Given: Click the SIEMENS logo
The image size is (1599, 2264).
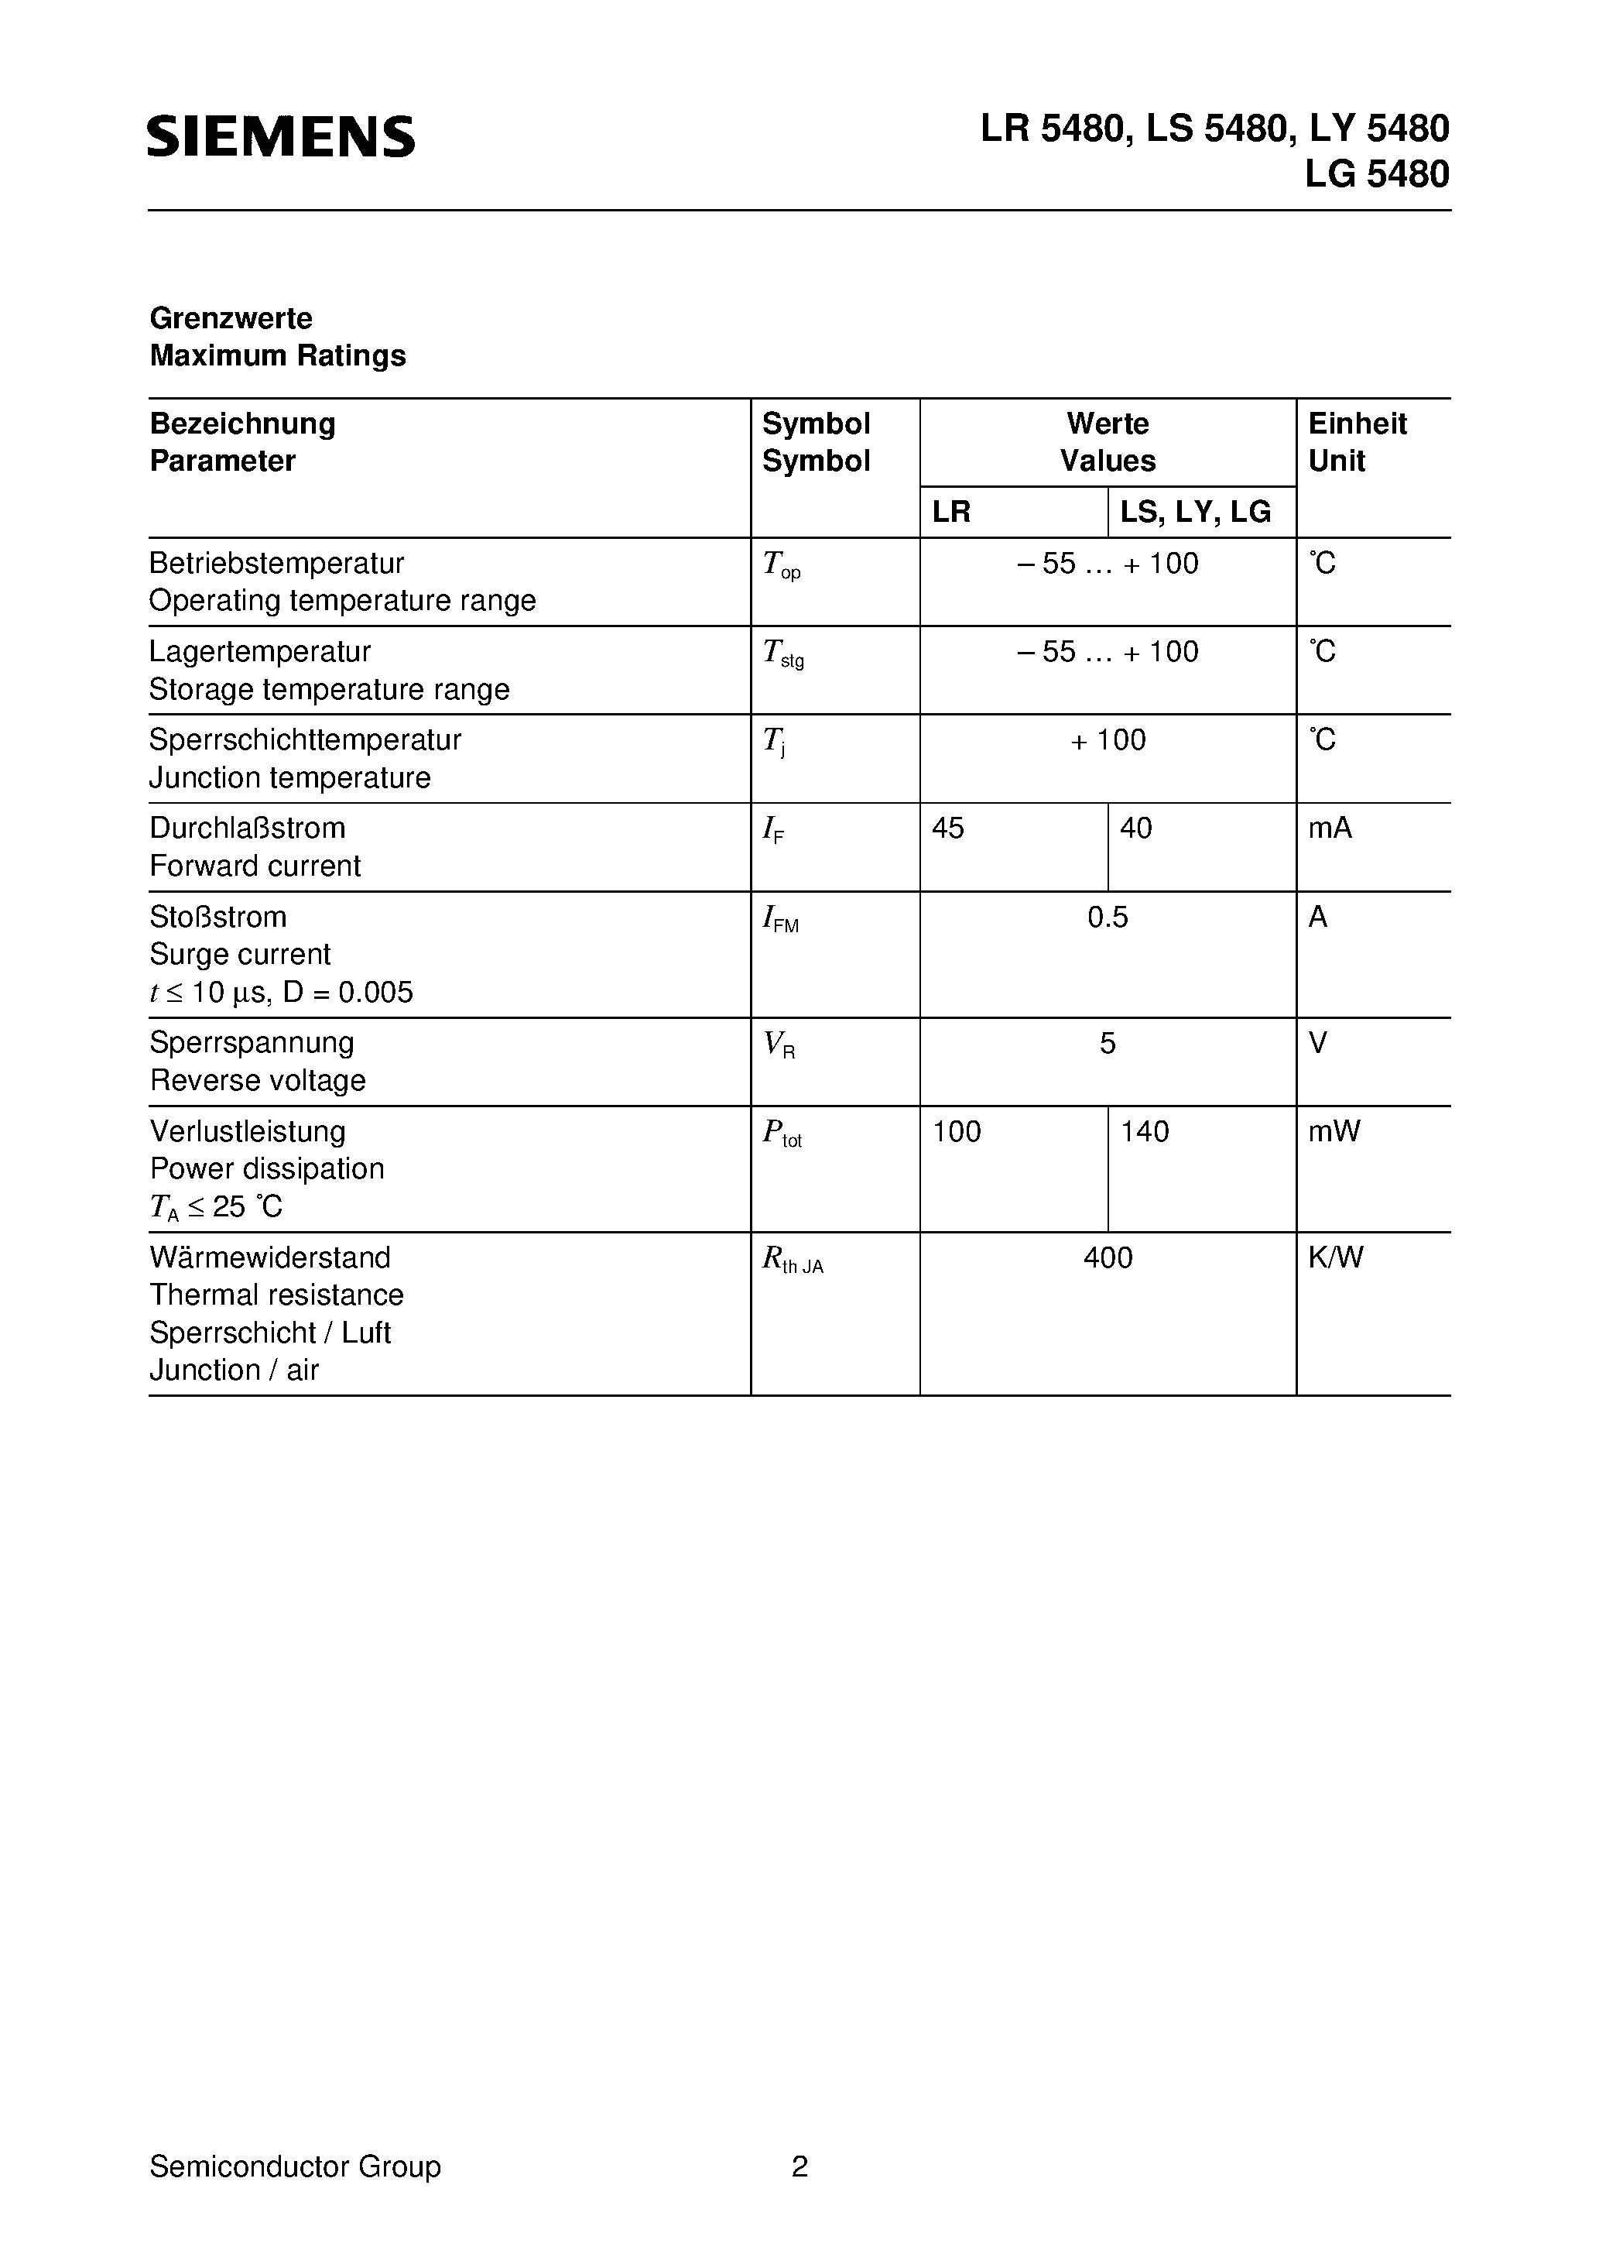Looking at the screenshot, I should pyautogui.click(x=281, y=136).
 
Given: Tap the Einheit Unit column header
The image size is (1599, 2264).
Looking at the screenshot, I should pyautogui.click(x=1357, y=442).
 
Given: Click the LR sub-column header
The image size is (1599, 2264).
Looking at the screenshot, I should pyautogui.click(x=951, y=512).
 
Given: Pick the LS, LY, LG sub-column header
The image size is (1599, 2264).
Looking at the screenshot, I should pyautogui.click(x=1195, y=512).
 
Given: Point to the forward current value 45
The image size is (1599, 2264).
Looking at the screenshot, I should pyautogui.click(x=947, y=828).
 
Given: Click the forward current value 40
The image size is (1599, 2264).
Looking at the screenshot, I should pyautogui.click(x=1135, y=828).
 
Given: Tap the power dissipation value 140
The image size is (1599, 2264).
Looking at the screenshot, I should pyautogui.click(x=1145, y=1131).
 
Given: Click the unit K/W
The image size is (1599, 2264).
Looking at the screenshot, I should pyautogui.click(x=1336, y=1257).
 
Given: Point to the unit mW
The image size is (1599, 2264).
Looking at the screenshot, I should pyautogui.click(x=1334, y=1131).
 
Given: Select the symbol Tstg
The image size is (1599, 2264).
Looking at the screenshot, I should pyautogui.click(x=782, y=653).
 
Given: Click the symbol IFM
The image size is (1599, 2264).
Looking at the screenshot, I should pyautogui.click(x=781, y=920).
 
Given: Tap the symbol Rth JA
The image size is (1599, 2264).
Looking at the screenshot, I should pyautogui.click(x=792, y=1261).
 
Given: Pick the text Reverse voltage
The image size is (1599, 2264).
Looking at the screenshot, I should pyautogui.click(x=257, y=1081).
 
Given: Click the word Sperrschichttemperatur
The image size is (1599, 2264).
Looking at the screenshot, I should pyautogui.click(x=305, y=739).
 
